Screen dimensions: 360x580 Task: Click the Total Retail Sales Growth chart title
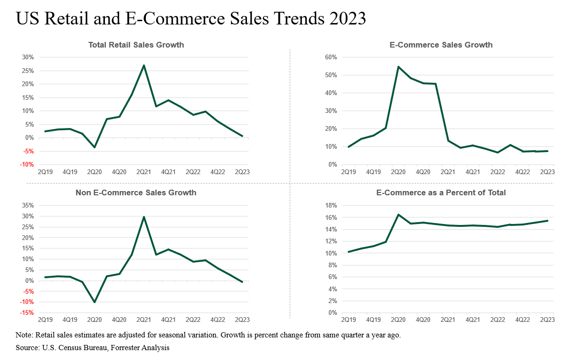click(136, 45)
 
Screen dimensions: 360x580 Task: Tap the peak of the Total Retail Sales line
click(143, 65)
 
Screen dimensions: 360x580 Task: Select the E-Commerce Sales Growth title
click(441, 45)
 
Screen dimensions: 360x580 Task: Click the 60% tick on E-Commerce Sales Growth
click(331, 57)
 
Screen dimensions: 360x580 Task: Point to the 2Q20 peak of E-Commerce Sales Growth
click(398, 67)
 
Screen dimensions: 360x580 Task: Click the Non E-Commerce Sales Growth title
click(136, 193)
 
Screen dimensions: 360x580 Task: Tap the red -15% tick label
click(27, 313)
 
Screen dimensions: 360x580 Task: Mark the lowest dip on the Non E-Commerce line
click(95, 302)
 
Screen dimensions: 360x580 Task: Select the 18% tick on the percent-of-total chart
click(331, 206)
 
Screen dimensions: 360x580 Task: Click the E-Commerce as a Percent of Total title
click(441, 193)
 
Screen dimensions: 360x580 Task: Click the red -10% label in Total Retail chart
click(27, 165)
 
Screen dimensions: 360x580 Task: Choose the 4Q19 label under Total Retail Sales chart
click(70, 172)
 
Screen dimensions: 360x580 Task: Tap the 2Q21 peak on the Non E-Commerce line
click(143, 217)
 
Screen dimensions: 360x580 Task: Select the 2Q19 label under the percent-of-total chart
click(349, 320)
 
